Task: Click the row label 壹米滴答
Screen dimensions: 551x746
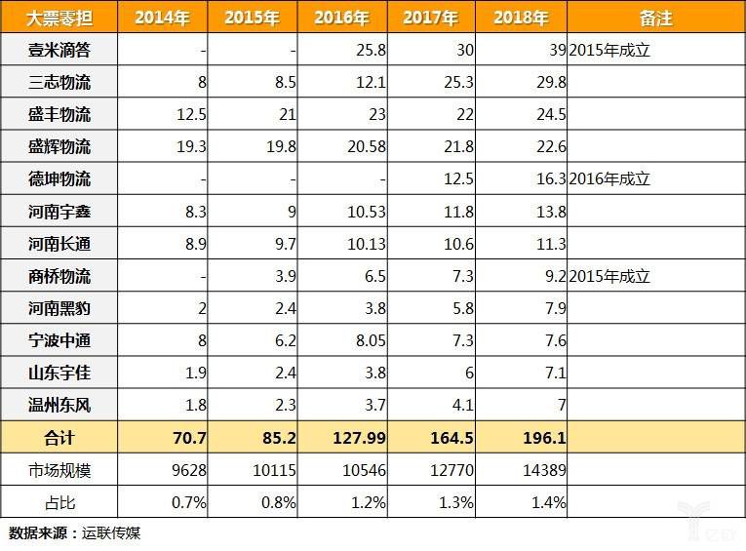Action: [59, 50]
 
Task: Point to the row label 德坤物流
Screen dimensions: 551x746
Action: [59, 179]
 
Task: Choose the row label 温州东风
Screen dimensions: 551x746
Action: [59, 404]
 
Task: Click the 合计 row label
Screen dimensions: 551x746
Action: [59, 437]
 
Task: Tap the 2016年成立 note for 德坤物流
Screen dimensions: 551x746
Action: [609, 179]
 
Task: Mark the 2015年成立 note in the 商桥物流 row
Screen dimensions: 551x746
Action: [609, 276]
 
